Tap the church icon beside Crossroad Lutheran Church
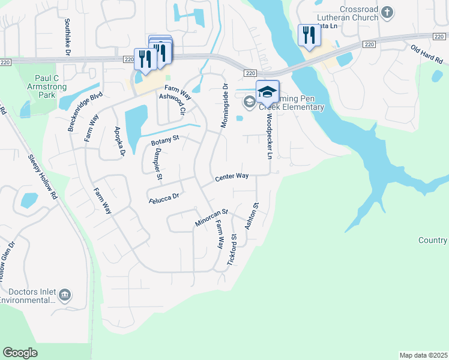(x=388, y=11)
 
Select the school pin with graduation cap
(x=267, y=92)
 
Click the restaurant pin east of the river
(x=309, y=35)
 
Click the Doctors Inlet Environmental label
(x=28, y=296)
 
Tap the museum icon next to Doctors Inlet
(x=65, y=294)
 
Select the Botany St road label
(x=165, y=141)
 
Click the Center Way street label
(x=232, y=178)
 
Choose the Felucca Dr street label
(x=164, y=197)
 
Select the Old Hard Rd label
(x=426, y=55)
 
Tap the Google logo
(x=20, y=353)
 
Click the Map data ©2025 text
(x=423, y=355)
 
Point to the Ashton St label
(x=252, y=216)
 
